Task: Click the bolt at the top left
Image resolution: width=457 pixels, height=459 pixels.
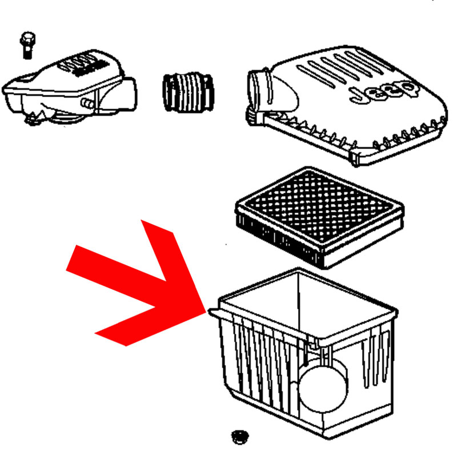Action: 28,45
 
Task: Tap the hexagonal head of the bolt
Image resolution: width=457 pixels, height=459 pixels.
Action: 28,39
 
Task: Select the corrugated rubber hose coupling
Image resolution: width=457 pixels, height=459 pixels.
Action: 188,92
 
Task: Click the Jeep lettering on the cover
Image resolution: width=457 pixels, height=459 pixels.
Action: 384,91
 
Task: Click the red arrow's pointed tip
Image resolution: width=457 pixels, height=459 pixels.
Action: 206,312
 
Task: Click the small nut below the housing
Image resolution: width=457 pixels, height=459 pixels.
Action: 240,437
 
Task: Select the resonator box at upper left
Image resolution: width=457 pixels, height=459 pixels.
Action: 70,87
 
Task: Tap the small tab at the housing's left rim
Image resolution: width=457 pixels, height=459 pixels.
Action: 214,313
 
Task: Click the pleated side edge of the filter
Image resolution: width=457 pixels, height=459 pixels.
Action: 278,238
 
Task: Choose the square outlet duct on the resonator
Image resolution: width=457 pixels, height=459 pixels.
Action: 126,94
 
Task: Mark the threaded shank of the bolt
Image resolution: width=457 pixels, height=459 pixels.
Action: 27,53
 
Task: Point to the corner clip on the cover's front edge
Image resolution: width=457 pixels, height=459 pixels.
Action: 358,159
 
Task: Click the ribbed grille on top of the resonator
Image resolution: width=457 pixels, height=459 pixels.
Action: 85,65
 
